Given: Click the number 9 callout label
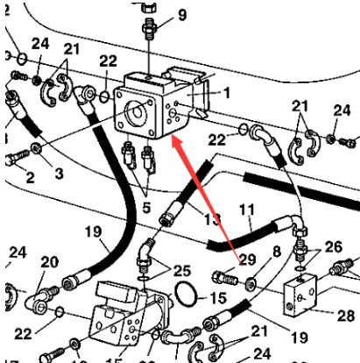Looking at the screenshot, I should click(181, 14).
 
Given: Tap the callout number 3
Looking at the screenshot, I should click(58, 174).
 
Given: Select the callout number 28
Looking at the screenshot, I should click(344, 314).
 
